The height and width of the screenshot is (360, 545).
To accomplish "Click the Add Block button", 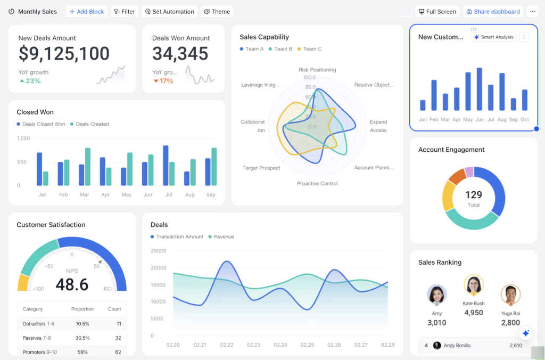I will [86, 12].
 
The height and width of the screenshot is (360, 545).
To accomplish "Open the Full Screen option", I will [437, 12].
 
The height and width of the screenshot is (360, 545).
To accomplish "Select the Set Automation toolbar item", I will [169, 12].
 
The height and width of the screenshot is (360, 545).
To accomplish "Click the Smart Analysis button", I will [493, 37].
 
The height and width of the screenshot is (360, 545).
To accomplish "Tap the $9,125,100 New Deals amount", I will [64, 54].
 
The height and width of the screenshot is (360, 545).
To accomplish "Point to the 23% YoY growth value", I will [33, 81].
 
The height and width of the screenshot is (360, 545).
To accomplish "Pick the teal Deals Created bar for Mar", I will [88, 167].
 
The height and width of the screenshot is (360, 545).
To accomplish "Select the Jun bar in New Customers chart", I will [480, 89].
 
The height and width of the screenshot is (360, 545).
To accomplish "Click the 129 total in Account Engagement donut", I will [473, 195].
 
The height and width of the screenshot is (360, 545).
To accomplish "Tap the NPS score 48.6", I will [72, 285].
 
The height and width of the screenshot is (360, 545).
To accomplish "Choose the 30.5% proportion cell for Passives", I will [82, 338].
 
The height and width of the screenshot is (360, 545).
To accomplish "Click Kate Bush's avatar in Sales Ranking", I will [473, 284].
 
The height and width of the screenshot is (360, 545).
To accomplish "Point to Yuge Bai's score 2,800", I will [510, 323].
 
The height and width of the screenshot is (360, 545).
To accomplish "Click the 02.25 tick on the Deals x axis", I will [307, 345].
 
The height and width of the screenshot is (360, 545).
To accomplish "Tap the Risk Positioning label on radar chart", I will [317, 70].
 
